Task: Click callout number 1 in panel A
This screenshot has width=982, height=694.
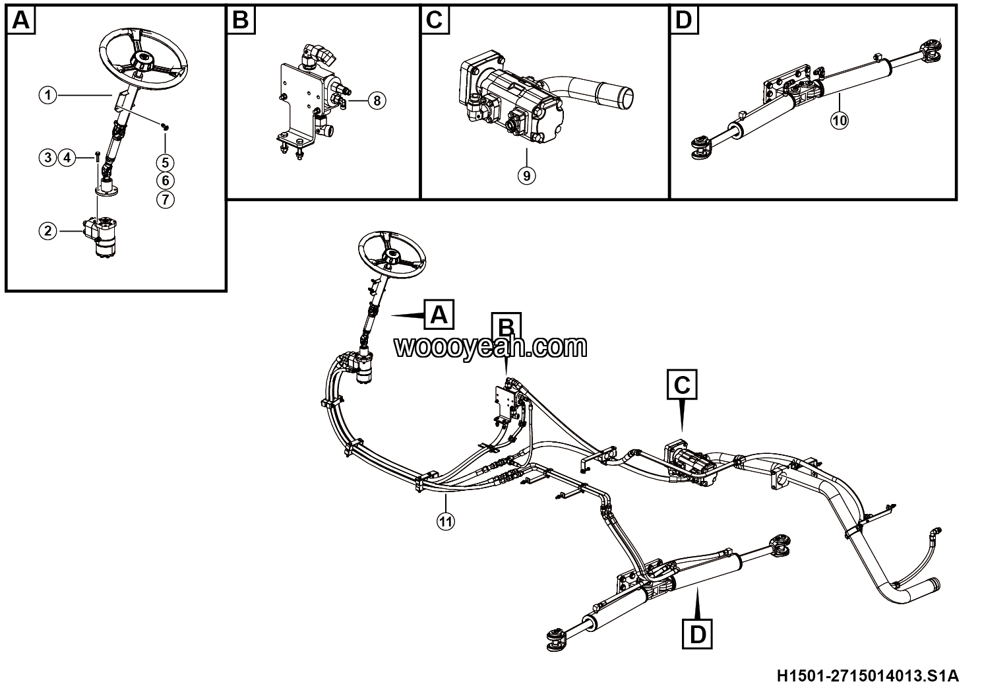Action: [x=47, y=95]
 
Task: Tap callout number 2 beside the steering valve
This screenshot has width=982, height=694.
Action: [x=47, y=231]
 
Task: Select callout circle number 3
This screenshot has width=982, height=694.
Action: [x=47, y=158]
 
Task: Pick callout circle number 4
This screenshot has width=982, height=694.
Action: [x=67, y=158]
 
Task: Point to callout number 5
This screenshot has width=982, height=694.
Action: [x=166, y=163]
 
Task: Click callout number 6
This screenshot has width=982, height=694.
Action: [x=166, y=181]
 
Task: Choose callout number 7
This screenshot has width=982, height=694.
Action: [x=166, y=200]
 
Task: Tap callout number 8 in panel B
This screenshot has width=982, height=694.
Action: [x=377, y=101]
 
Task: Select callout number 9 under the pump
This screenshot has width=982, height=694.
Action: [x=526, y=175]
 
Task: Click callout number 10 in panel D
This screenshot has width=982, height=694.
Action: [x=840, y=120]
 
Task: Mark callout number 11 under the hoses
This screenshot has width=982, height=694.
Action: [x=445, y=521]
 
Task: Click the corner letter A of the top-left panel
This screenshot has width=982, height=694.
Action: [x=21, y=20]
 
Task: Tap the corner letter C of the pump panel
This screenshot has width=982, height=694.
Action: [x=435, y=20]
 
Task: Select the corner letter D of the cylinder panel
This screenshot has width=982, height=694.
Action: [x=684, y=20]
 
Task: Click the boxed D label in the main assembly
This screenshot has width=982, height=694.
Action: [x=698, y=634]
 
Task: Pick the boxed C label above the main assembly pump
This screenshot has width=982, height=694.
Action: [x=682, y=385]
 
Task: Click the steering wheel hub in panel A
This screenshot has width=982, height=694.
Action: [x=143, y=60]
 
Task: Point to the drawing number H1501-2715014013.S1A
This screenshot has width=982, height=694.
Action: [x=868, y=676]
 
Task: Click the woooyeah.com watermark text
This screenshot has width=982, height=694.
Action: [x=491, y=347]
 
